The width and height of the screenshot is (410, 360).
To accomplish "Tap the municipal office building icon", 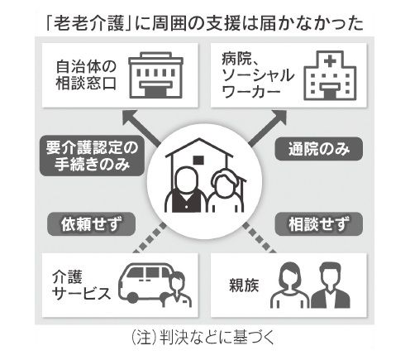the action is click(x=155, y=75).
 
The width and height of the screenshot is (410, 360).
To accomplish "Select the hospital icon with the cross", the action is click(x=330, y=75).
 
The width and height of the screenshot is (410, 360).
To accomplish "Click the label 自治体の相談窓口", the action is click(x=86, y=75).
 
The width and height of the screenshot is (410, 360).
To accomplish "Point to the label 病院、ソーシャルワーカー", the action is click(x=257, y=75).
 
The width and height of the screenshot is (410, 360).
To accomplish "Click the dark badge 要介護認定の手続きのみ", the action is click(x=92, y=156).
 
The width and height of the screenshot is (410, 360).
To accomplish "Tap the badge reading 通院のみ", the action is click(x=319, y=149).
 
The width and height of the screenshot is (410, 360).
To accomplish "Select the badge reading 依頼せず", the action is click(x=91, y=224).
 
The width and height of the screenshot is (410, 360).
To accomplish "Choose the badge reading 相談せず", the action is click(x=319, y=224).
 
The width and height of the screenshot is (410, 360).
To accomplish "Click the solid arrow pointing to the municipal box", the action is click(x=141, y=127).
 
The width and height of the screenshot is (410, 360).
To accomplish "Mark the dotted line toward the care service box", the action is click(x=150, y=238).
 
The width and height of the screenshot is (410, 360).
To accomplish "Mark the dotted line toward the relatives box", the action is click(x=259, y=238).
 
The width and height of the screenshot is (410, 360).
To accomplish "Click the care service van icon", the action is click(x=155, y=285).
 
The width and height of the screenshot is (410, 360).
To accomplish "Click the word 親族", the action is click(x=244, y=286).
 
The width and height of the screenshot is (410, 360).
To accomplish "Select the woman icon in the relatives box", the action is click(x=289, y=285).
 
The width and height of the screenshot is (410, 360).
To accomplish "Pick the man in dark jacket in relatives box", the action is click(x=331, y=285).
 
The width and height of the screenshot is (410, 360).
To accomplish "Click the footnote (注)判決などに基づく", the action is click(x=203, y=337).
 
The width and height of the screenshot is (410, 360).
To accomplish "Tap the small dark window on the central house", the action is click(x=198, y=160).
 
